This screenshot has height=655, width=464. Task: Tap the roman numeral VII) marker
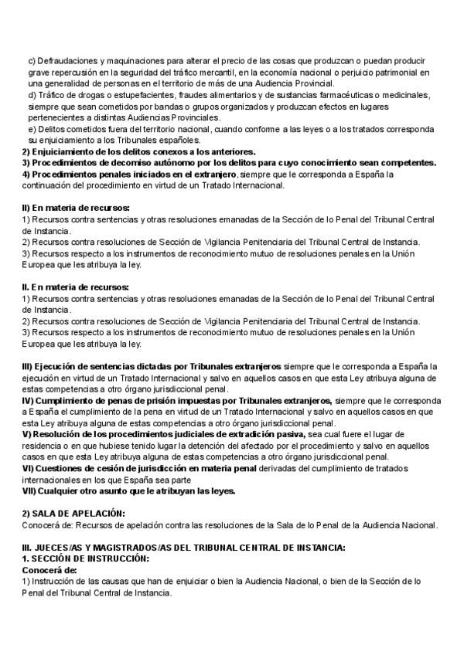click(30, 490)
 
